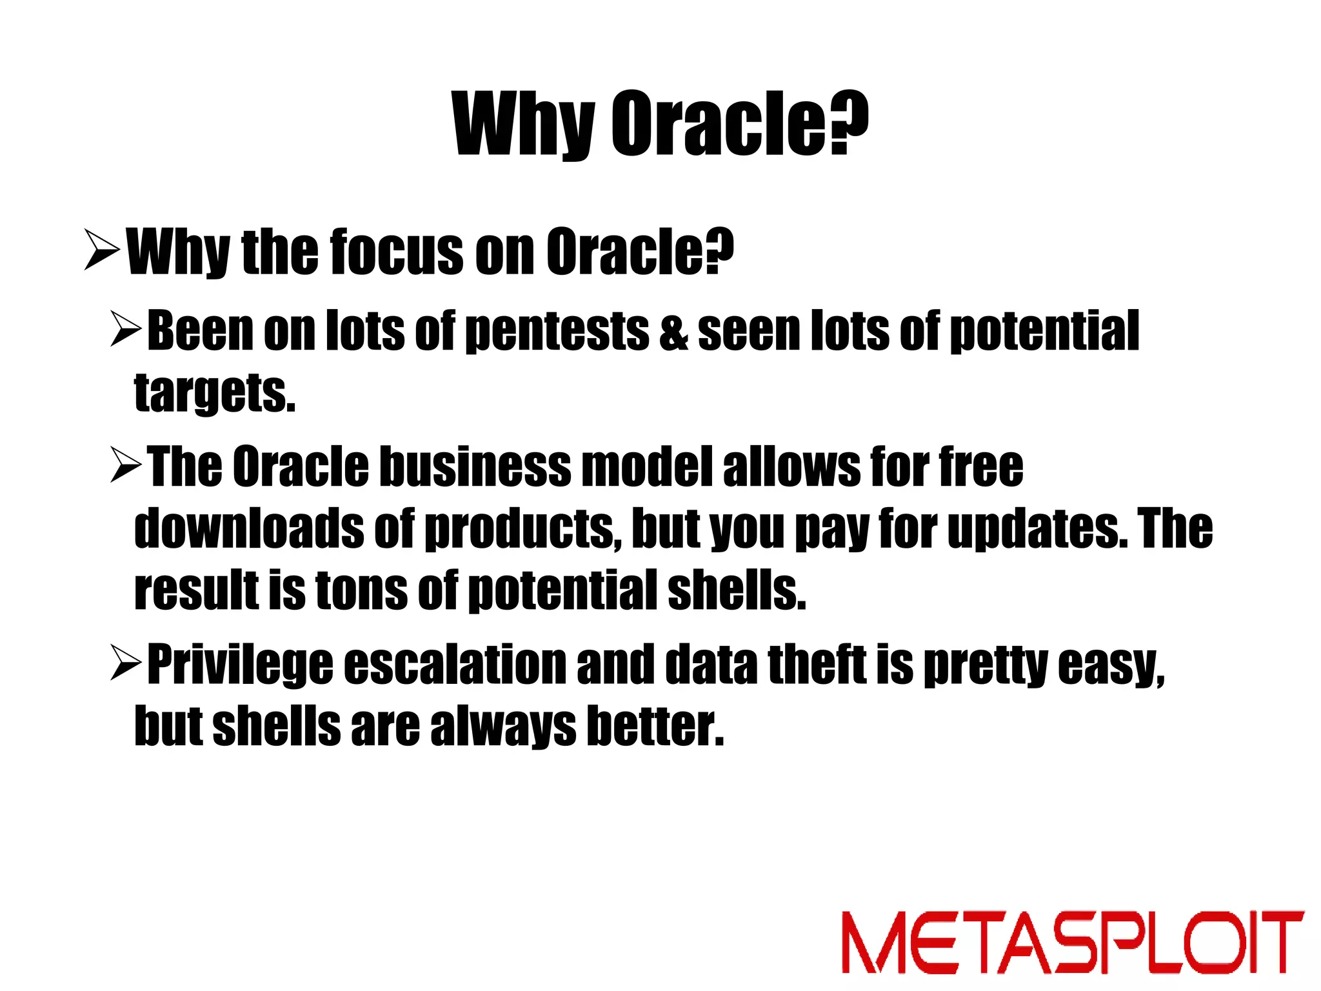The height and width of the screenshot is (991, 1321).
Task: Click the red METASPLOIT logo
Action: pyautogui.click(x=1072, y=942)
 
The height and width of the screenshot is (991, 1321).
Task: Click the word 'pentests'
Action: pyautogui.click(x=557, y=332)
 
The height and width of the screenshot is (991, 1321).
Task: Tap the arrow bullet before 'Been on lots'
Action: pyautogui.click(x=126, y=328)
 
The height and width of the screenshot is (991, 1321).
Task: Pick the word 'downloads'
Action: pyautogui.click(x=249, y=528)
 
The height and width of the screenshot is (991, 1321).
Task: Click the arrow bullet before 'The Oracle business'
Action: pyautogui.click(x=126, y=465)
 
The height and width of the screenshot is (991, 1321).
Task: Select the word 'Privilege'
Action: pyautogui.click(x=240, y=665)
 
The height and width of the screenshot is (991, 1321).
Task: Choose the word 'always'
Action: pyautogui.click(x=502, y=726)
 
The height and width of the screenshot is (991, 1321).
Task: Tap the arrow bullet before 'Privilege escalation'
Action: pyautogui.click(x=126, y=663)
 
